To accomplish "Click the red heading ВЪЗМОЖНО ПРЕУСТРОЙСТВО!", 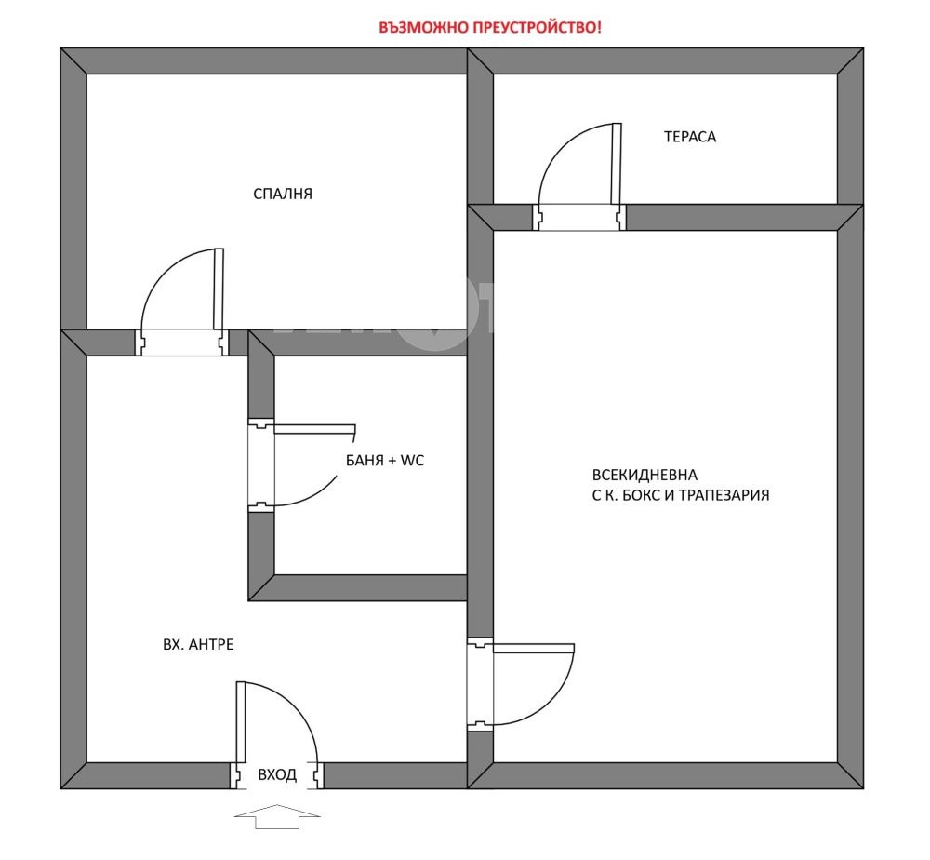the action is coord(489,27).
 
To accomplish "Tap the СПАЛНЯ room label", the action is coord(283,195).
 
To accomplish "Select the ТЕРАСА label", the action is coord(690,137).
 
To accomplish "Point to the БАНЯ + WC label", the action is coord(385,461).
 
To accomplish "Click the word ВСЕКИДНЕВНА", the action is coord(644,475).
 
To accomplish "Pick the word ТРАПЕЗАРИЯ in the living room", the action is coord(724,495).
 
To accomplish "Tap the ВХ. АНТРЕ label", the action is coord(198,645).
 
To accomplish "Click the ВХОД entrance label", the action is coord(277,775).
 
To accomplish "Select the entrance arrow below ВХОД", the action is coord(277,816).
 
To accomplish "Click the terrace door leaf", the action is coord(617,164).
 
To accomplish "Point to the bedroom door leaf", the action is coord(219,289).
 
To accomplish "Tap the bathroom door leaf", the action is coord(315,430).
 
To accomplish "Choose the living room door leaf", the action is coord(534,648).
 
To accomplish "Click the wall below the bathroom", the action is coord(358,587).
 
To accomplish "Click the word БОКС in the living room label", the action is coord(641,495).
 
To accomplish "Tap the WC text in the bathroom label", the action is coord(413,461).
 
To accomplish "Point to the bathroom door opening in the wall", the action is coord(261,466).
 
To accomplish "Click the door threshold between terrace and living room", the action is coord(578,217).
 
